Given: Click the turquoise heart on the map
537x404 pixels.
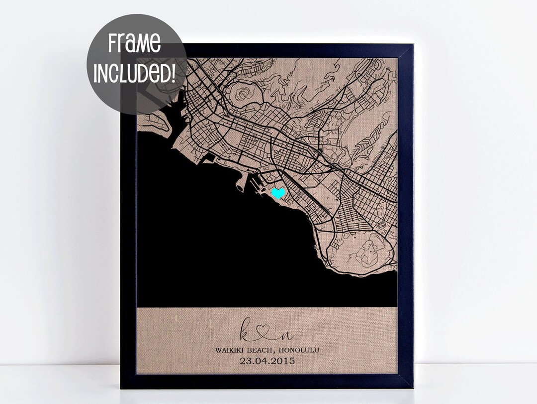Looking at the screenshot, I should (x=278, y=193).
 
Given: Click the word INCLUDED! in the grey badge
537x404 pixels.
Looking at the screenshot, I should (x=135, y=73).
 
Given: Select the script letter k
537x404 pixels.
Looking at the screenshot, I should (x=247, y=330).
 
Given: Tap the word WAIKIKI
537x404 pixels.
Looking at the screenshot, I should (x=231, y=349).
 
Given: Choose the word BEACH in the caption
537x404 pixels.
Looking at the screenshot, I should (x=265, y=349).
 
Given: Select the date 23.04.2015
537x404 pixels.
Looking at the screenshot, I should (x=267, y=361).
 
